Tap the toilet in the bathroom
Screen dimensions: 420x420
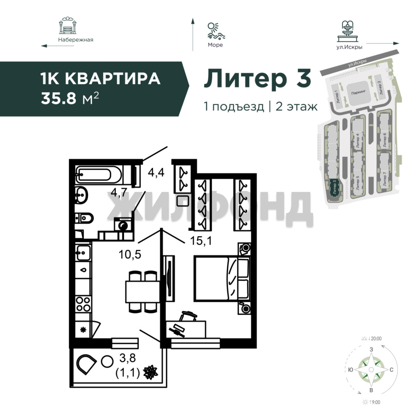(84, 218)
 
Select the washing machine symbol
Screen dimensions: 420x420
(123, 224)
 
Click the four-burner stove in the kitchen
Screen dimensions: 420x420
(83, 304)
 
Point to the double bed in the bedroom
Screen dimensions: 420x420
(222, 278)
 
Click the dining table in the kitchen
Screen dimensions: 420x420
(142, 292)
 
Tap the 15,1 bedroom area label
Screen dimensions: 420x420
(201, 241)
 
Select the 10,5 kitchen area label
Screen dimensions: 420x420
(129, 254)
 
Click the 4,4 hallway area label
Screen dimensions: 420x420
(156, 173)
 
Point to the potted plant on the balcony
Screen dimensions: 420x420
(150, 372)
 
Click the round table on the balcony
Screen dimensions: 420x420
(107, 362)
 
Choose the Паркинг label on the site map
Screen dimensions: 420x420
(359, 93)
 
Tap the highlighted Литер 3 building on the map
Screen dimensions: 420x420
(334, 188)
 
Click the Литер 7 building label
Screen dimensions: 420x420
(385, 179)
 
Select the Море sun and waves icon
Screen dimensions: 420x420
(216, 31)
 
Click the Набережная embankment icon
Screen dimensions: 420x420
(68, 26)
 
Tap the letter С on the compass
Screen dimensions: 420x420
(391, 370)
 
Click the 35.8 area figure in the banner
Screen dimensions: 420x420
(59, 98)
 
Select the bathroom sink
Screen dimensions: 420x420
(81, 195)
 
